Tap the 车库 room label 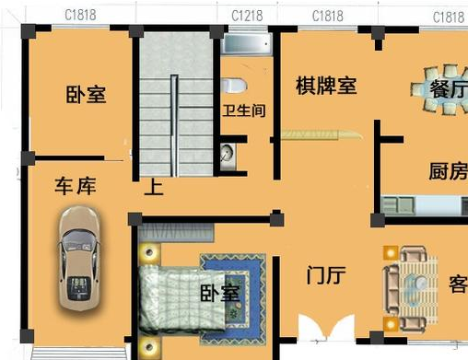point(75,187)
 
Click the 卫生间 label point(244,111)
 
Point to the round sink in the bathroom point(228,152)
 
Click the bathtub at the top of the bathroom point(247,43)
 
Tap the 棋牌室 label point(325,87)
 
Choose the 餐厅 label point(448,89)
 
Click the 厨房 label point(448,172)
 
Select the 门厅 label point(324,274)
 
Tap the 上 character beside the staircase point(155,188)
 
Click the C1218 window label point(247,16)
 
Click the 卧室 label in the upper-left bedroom point(86,95)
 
